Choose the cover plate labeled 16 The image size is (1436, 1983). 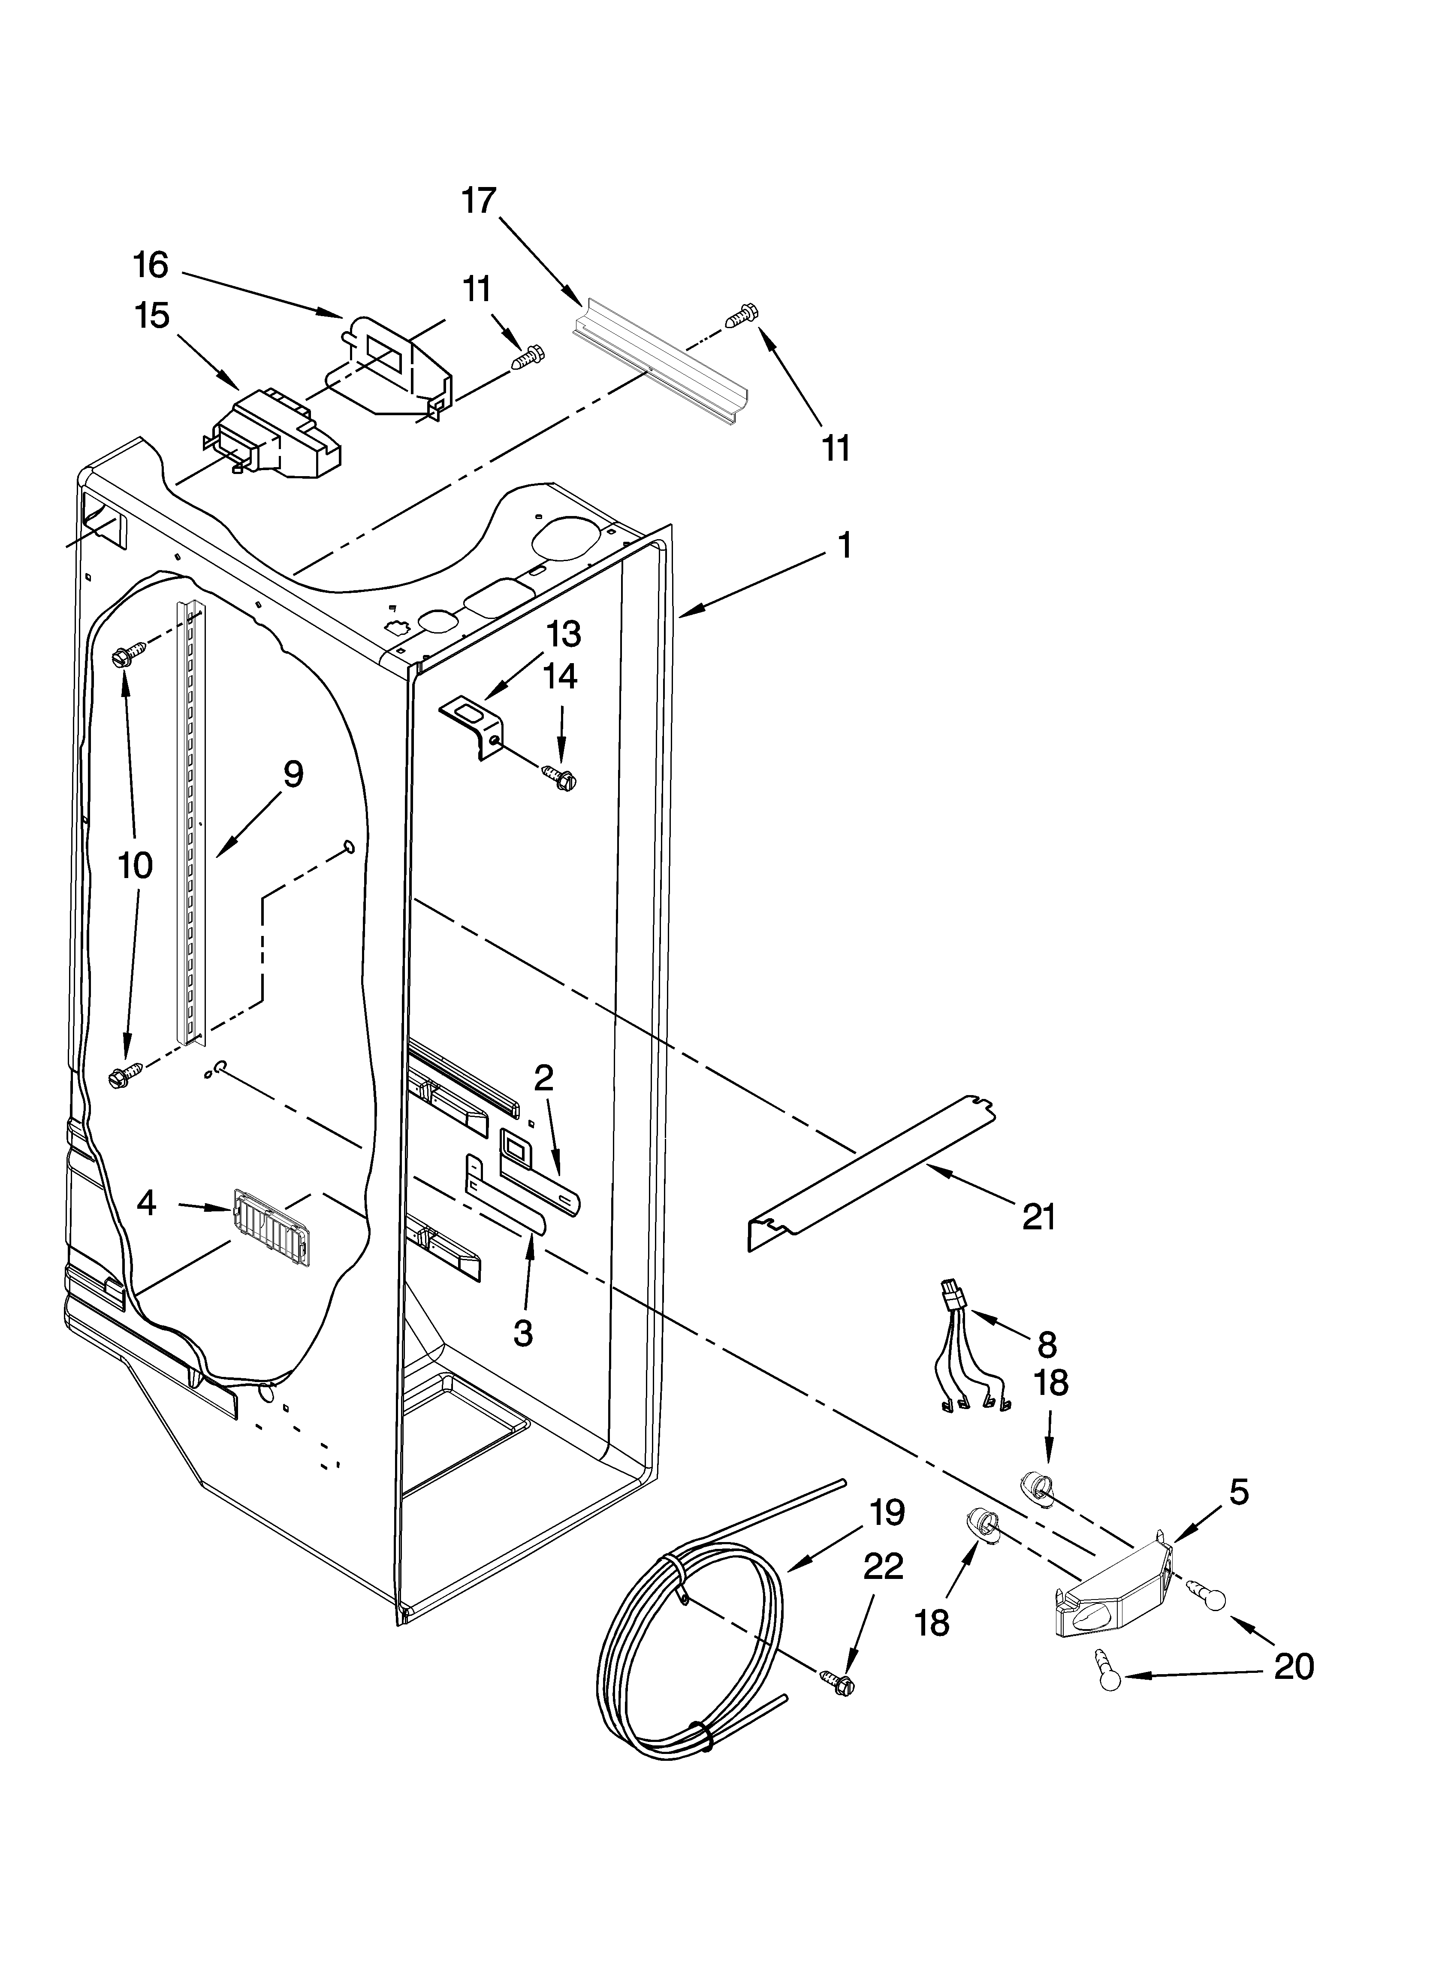(x=389, y=365)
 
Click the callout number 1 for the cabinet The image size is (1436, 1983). (x=843, y=546)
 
